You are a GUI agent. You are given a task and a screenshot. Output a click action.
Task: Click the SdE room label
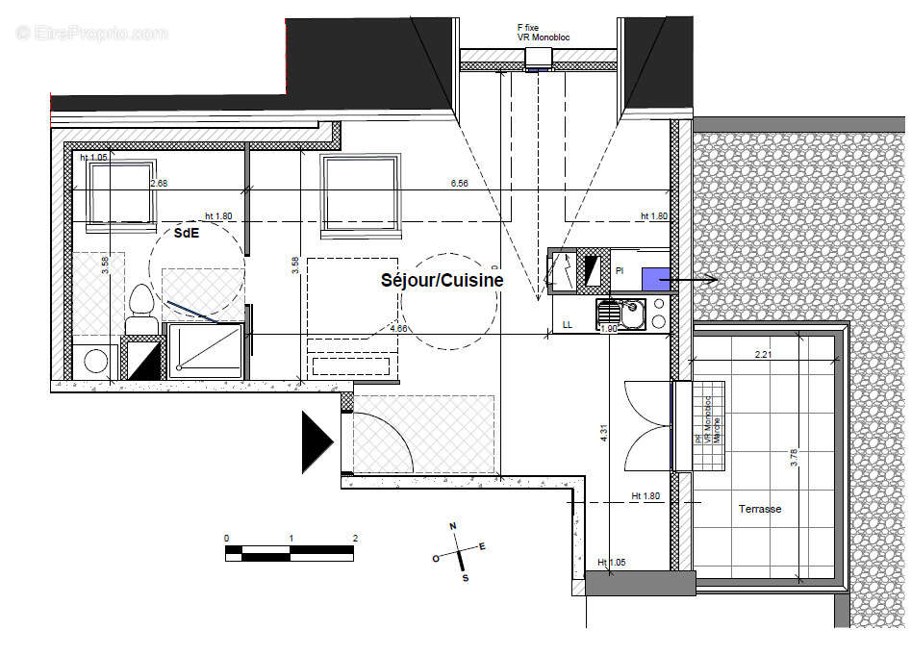[x=186, y=232]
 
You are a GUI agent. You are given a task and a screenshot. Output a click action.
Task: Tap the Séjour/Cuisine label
[x=442, y=280]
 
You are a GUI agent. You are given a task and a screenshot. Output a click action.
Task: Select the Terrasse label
[x=760, y=509]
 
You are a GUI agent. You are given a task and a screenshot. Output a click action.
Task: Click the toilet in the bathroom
[x=140, y=308]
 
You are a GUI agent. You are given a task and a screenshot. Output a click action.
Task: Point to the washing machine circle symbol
[x=96, y=362]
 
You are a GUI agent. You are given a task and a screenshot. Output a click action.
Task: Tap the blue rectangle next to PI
[x=656, y=279]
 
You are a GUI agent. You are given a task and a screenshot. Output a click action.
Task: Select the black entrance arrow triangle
[x=316, y=442]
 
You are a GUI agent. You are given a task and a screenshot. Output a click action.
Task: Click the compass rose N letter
[x=452, y=525]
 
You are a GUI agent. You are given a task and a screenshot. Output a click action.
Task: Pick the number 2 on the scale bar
[x=355, y=538]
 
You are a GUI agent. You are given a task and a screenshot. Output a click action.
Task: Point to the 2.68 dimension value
[x=159, y=183]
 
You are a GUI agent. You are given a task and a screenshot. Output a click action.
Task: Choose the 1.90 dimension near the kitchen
[x=609, y=328]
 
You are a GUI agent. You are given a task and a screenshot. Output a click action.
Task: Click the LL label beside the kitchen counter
[x=568, y=325]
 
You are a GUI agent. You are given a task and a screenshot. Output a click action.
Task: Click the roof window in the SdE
[x=120, y=193]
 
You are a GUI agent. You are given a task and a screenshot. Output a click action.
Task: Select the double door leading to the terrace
[x=646, y=425]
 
